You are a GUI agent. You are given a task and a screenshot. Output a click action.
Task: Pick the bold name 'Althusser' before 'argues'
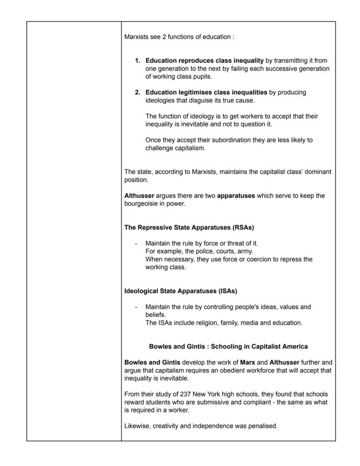coord(139,196)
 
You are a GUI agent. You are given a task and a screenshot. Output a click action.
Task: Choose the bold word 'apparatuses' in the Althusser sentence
coord(236,196)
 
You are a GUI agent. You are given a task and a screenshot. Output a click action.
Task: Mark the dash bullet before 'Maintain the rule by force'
coord(136,243)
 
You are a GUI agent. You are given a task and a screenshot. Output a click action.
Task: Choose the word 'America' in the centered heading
coord(294,347)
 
